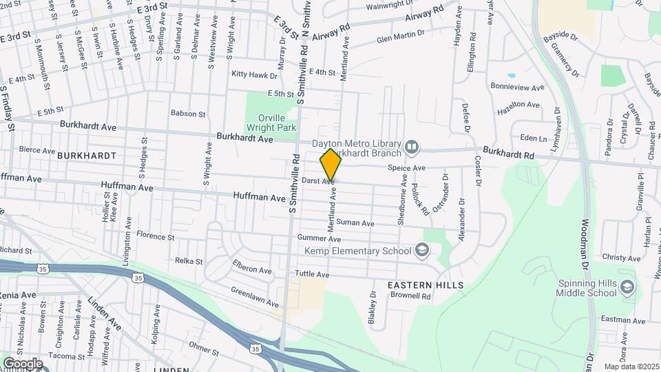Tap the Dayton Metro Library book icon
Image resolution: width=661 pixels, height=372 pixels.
[412, 146]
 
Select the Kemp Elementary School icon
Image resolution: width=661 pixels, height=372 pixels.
[422, 251]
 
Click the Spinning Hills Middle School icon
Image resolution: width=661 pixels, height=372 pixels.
[627, 287]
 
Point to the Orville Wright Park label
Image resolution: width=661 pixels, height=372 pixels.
[271, 122]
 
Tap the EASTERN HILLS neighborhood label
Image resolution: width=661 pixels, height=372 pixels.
[426, 285]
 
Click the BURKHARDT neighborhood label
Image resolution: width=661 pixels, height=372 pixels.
[87, 156]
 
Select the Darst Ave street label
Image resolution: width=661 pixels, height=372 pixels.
[318, 181]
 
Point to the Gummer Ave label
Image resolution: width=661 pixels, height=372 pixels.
[319, 239]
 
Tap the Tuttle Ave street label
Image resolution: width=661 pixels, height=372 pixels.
[312, 274]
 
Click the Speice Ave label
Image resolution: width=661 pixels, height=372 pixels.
[407, 167]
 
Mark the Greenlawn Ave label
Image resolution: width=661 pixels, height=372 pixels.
[255, 298]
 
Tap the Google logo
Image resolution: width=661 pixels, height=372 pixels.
[22, 364]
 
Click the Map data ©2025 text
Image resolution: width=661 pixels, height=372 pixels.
[631, 366]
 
